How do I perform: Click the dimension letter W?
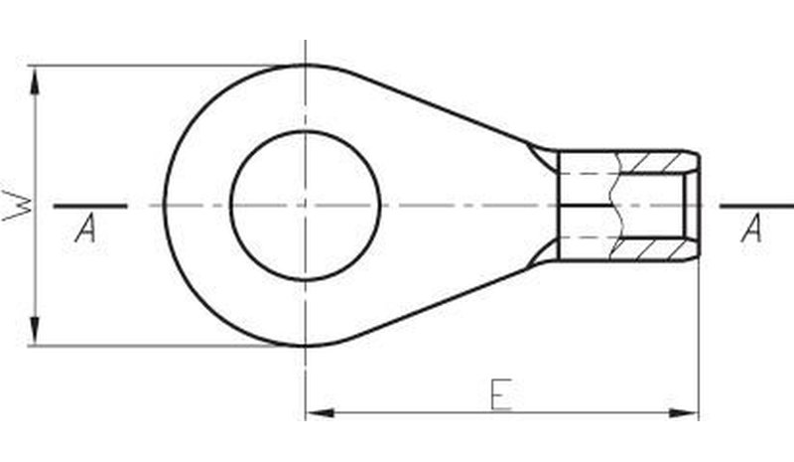[x=17, y=206]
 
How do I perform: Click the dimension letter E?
[x=501, y=394]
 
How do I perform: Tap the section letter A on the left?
[x=85, y=229]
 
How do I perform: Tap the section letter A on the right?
[x=751, y=229]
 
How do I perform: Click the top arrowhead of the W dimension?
[x=35, y=81]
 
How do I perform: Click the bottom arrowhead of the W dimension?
[x=35, y=331]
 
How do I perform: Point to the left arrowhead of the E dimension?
[x=321, y=412]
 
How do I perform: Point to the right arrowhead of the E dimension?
[x=684, y=412]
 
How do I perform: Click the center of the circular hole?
[x=306, y=206]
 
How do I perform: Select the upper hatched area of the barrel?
[x=653, y=163]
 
